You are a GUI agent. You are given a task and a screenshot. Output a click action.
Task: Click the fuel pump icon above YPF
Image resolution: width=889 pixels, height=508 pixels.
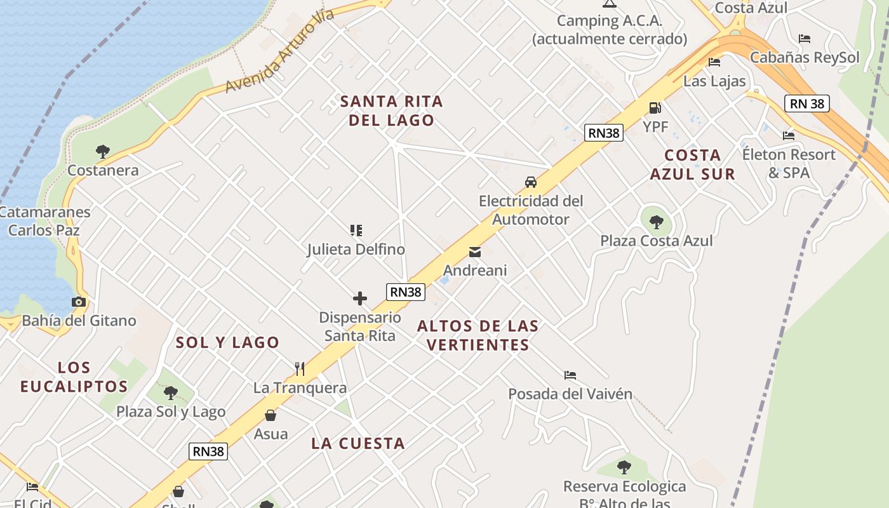point(655,107)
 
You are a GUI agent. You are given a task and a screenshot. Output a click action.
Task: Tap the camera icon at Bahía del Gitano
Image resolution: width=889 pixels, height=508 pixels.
point(79,302)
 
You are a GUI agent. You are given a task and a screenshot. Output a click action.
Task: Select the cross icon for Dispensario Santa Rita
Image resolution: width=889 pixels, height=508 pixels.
point(360,298)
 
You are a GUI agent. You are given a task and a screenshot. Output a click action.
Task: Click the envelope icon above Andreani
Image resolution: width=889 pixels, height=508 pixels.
point(475,252)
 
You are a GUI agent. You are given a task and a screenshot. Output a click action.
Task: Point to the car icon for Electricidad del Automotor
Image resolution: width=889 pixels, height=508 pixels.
point(531,182)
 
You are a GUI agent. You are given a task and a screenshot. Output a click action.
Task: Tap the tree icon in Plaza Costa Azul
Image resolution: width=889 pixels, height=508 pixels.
point(657,222)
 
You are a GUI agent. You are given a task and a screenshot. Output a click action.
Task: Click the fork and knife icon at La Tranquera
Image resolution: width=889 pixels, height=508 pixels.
point(300,368)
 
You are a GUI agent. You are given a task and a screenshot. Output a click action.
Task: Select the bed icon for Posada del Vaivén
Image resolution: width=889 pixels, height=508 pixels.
point(570,375)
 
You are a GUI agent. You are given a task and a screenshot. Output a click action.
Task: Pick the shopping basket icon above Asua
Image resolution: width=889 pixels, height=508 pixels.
point(271,415)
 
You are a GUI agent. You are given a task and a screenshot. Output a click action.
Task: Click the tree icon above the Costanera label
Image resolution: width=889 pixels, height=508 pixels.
point(103,151)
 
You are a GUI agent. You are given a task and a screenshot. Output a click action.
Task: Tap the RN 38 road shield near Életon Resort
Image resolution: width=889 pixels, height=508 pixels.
point(807,104)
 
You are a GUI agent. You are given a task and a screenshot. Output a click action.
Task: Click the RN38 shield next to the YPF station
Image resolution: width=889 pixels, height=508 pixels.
point(604,133)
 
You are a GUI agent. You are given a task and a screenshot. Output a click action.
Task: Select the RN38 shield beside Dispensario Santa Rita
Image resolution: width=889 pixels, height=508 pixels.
point(406,291)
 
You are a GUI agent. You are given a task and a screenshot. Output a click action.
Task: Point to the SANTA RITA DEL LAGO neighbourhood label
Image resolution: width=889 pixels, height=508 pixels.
point(391,110)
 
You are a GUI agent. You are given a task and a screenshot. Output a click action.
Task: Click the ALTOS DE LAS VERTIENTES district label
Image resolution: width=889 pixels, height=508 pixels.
point(478,335)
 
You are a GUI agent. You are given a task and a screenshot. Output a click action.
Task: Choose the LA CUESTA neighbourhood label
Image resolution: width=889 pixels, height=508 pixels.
point(358,443)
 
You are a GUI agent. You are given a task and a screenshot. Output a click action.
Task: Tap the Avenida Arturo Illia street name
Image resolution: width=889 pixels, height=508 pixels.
point(279,52)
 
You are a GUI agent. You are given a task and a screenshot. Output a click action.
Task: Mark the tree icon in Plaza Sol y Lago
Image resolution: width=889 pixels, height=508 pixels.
point(171,392)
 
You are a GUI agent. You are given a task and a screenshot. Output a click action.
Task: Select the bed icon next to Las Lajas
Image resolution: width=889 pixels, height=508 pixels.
point(714,62)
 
